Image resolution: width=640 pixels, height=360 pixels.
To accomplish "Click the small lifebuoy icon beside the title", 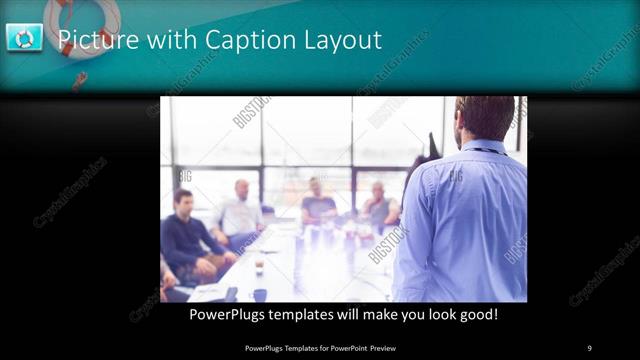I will tap(24, 38).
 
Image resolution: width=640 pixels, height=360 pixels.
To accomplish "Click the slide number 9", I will tap(589, 347).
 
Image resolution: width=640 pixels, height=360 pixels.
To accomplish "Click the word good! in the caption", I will tap(477, 315).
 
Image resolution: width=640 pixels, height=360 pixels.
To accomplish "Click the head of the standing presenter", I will tap(484, 117).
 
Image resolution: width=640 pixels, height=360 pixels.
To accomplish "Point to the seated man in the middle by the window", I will tap(317, 205).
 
